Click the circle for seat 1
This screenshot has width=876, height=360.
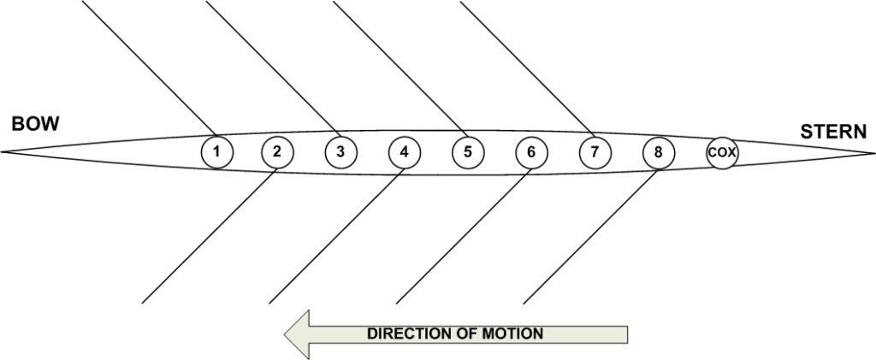point(217,153)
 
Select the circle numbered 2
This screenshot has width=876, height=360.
point(277,153)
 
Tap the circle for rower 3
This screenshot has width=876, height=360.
point(340,153)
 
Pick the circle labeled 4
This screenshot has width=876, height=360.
point(404,153)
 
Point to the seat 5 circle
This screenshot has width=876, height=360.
point(467,153)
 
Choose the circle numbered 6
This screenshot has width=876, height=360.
point(531,153)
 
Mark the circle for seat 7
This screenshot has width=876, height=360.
point(595,153)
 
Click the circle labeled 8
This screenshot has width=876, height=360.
point(658,153)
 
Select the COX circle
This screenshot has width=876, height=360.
point(722,153)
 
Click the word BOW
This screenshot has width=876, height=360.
point(35,125)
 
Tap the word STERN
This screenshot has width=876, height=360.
point(833,132)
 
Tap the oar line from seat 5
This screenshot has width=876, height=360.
point(398,68)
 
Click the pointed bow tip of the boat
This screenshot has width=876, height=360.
point(3,152)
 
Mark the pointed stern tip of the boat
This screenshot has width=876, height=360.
point(872,153)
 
